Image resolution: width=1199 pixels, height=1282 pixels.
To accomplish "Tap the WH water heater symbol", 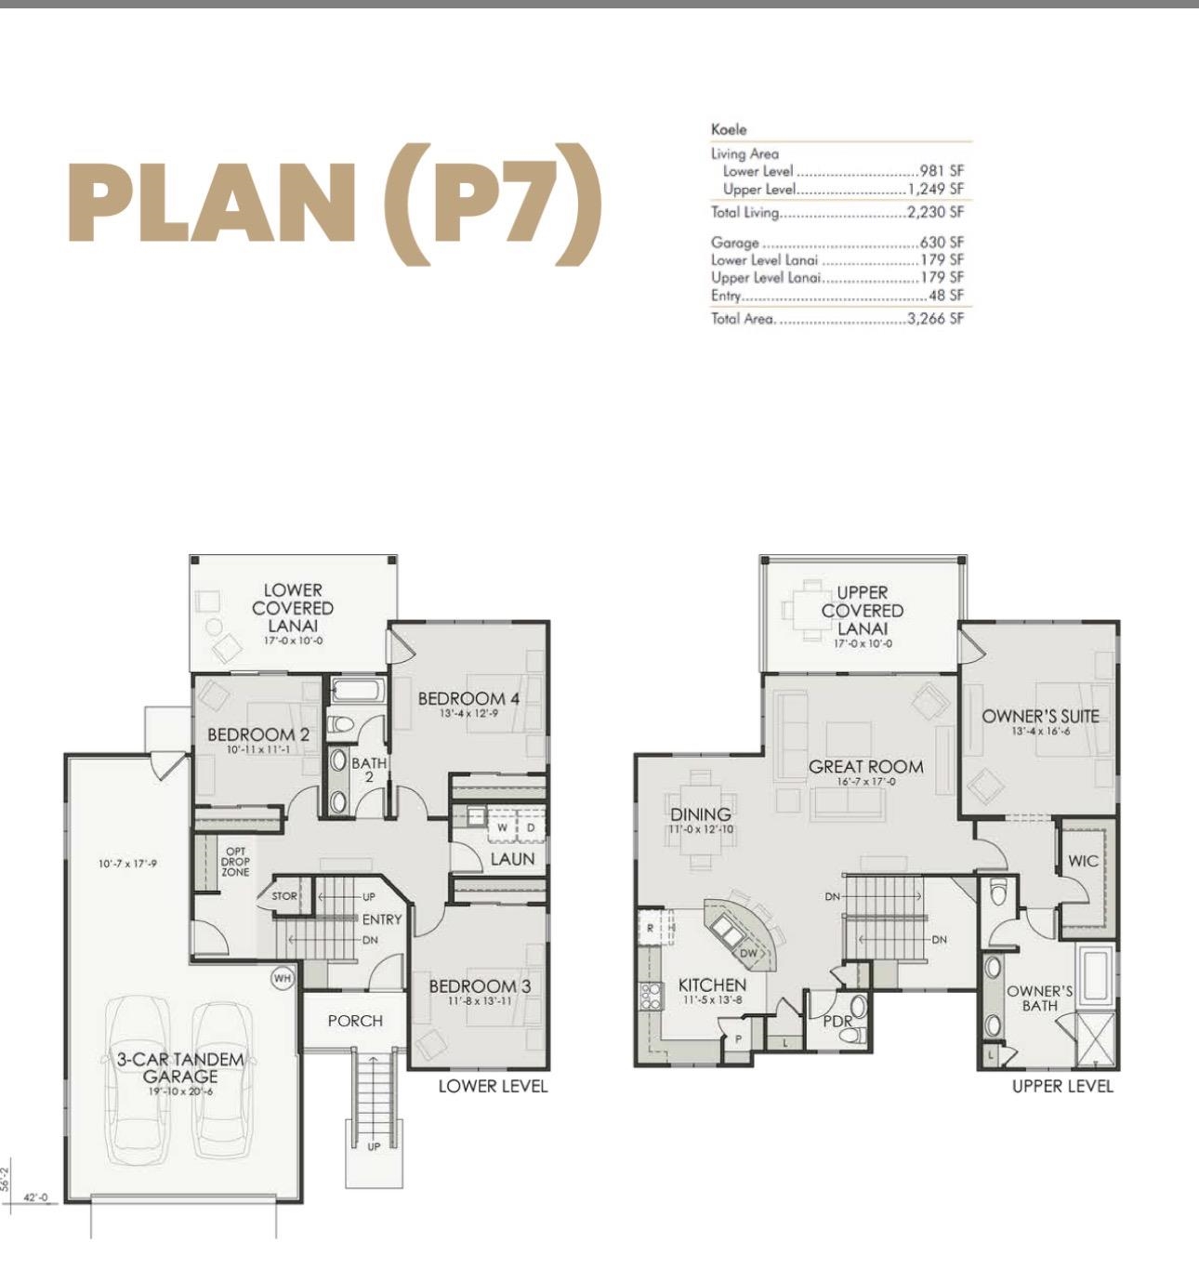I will tap(283, 978).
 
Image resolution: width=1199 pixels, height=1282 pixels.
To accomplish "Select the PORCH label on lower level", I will tap(355, 1021).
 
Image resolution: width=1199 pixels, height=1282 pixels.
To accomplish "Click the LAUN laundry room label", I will tap(512, 859).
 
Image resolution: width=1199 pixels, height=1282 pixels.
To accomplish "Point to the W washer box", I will tap(502, 826).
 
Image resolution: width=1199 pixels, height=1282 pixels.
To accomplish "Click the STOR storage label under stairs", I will tap(284, 896).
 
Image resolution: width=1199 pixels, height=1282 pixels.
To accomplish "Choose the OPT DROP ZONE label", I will tap(235, 861).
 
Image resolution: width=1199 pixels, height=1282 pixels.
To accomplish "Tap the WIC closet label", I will tap(1083, 861).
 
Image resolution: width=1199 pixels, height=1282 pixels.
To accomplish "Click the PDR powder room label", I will tap(837, 1021).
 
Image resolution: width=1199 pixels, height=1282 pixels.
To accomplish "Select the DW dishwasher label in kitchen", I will tap(748, 953).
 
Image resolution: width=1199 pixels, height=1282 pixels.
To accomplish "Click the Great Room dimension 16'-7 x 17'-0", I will tap(865, 782).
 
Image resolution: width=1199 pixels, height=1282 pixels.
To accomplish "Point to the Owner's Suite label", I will tap(1040, 716).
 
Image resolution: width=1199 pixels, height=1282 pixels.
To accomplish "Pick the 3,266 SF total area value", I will tap(935, 319).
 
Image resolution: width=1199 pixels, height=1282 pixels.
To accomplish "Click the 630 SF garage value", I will tap(942, 243).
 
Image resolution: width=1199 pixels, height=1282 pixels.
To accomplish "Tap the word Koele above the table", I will tap(729, 129).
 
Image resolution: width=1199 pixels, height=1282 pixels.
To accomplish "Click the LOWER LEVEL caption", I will tap(493, 1086).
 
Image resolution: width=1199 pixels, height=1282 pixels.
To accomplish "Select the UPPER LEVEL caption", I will tap(1061, 1086).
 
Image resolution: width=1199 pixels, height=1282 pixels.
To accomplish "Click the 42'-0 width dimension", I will tap(35, 1197).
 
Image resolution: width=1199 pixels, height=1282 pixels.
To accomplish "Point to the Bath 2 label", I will tap(368, 769).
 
